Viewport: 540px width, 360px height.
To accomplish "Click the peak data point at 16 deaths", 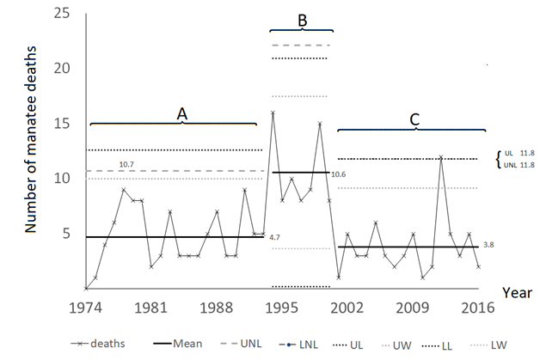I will tap(273, 113).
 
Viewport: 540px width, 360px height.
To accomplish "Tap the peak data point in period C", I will tap(440, 156).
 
